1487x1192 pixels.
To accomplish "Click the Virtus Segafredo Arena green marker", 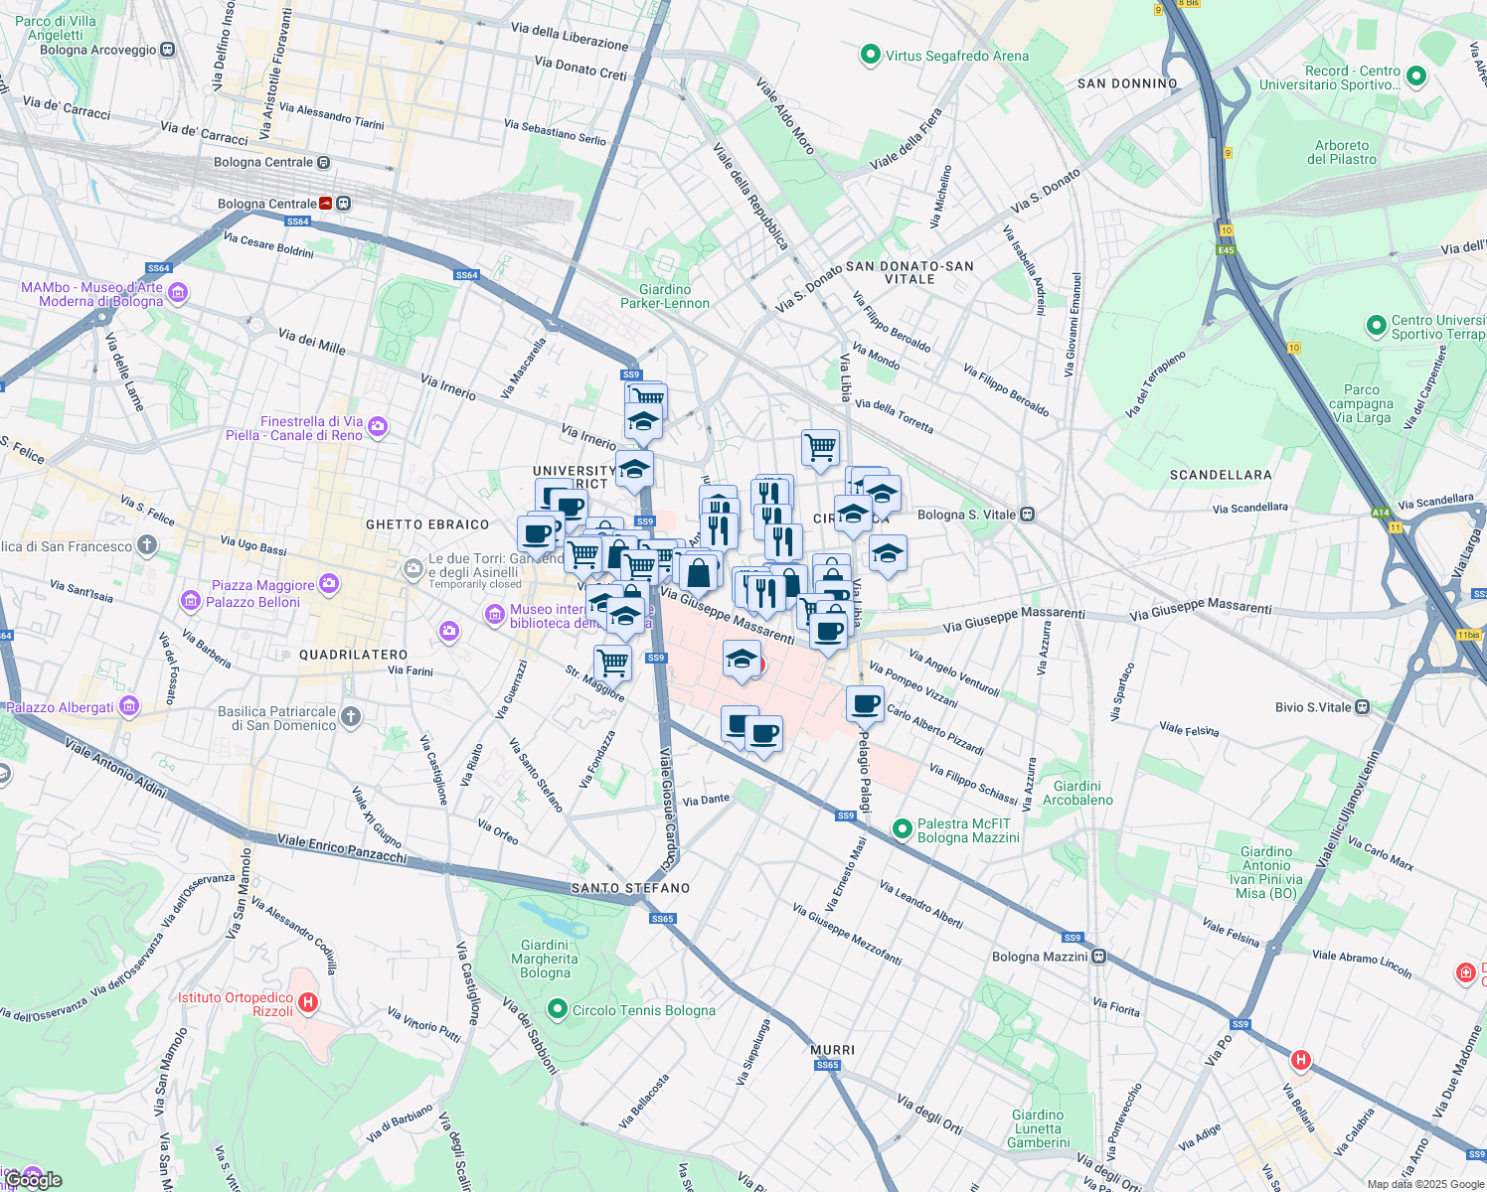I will (871, 55).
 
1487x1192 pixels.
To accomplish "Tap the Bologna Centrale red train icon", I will (326, 204).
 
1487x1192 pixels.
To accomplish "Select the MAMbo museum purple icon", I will (178, 293).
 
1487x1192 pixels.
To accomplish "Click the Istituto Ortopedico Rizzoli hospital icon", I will (308, 1003).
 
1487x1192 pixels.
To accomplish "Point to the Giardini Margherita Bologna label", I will (545, 959).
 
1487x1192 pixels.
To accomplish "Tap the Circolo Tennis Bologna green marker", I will (557, 1010).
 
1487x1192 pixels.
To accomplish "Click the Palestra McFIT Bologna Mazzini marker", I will (903, 828).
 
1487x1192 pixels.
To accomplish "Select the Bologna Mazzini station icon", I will (1098, 957).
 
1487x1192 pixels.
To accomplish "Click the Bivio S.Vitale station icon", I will (1362, 707).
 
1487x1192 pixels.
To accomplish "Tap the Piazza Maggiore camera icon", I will (328, 584).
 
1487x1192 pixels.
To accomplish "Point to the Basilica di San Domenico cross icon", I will (350, 716).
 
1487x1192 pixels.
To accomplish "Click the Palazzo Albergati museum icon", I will (128, 706).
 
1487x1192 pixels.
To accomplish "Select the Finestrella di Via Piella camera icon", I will (377, 427).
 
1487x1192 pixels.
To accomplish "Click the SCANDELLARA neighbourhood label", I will (1221, 475).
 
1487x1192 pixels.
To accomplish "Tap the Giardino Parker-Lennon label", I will (665, 296).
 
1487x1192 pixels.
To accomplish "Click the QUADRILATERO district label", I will (353, 655).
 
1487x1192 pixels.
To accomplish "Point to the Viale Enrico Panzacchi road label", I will (342, 847).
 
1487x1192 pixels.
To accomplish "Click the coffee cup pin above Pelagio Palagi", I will (865, 703).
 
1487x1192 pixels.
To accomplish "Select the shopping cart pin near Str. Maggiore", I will (613, 662).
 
